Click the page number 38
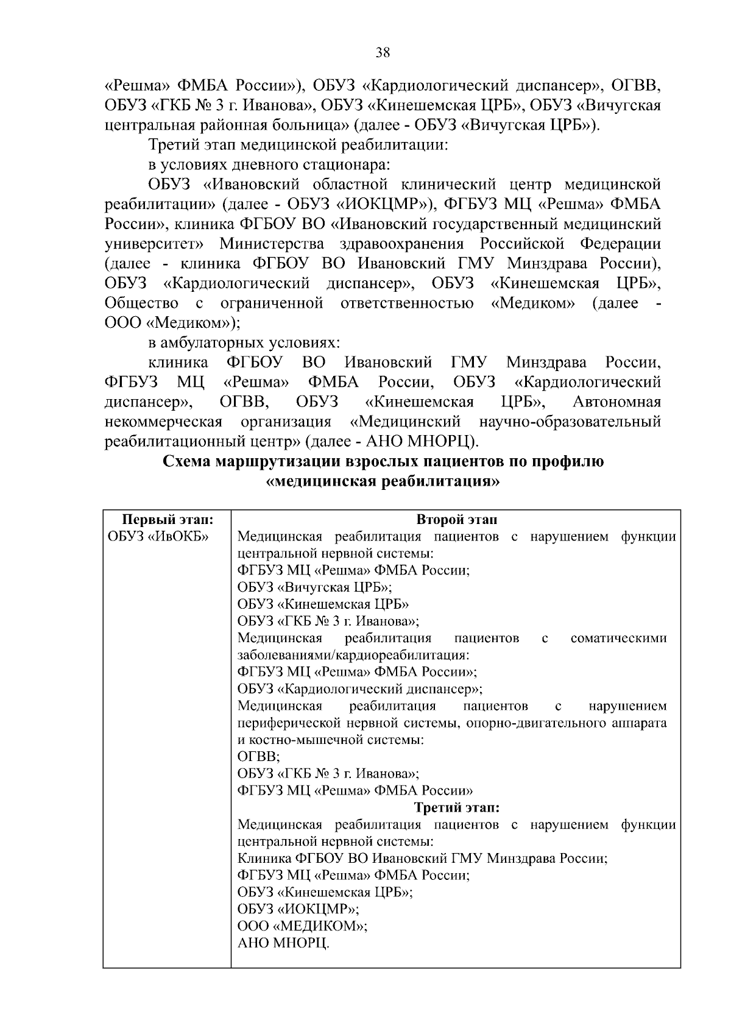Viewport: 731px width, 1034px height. coord(383,52)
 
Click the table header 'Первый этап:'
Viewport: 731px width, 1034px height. coord(168,520)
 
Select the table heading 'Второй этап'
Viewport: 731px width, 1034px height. coord(456,520)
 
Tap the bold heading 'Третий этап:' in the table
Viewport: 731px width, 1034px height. coord(456,808)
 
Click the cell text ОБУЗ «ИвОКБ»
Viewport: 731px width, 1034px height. coord(158,537)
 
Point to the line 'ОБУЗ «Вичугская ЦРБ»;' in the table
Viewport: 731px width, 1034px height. coord(314,587)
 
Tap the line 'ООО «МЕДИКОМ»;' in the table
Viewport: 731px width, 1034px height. coord(302,926)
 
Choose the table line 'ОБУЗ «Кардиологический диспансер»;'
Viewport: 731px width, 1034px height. coord(359,689)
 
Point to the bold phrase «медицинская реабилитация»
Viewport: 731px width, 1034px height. coord(383,481)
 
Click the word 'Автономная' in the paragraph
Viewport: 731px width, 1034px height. coord(616,402)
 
